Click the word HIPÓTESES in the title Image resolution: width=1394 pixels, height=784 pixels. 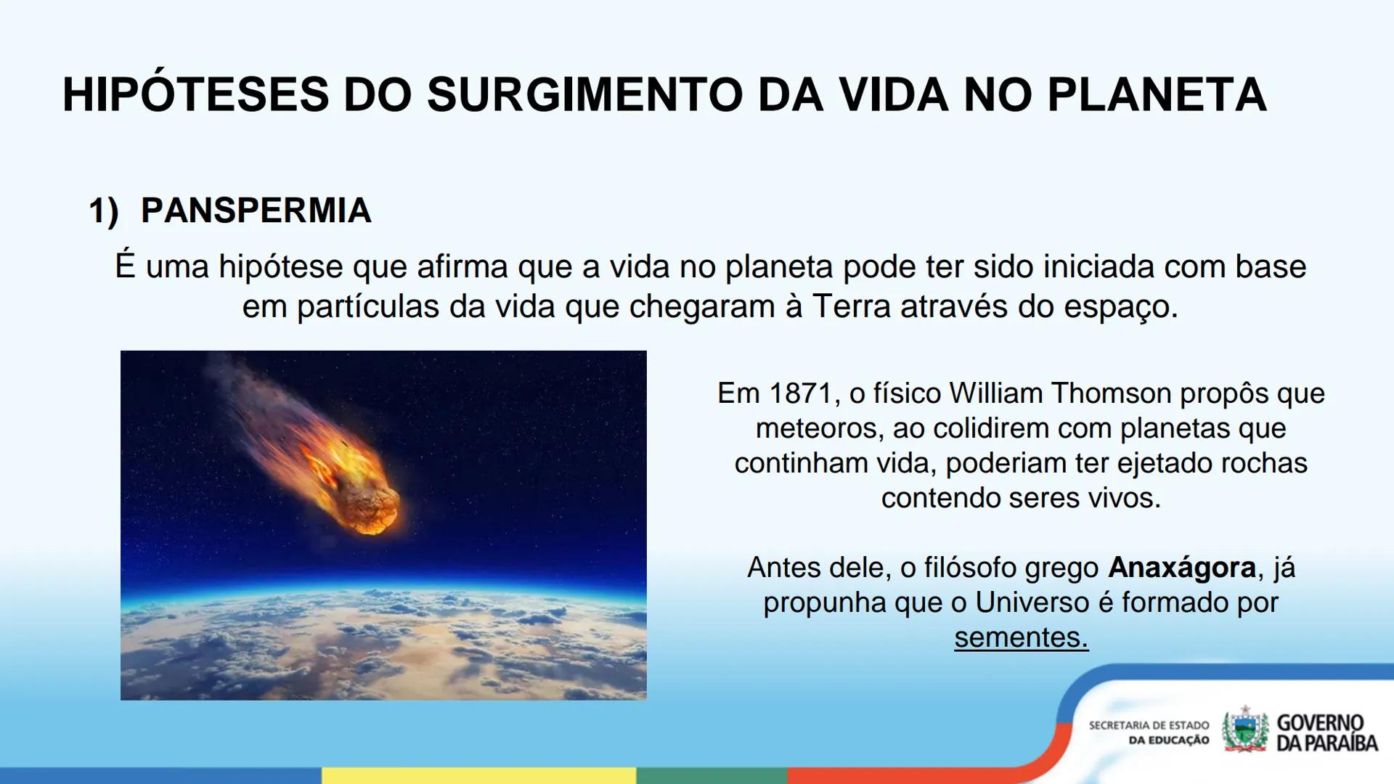[x=196, y=95]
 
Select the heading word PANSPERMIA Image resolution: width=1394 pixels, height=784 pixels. [x=256, y=211]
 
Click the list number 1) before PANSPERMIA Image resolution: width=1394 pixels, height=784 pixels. [x=103, y=211]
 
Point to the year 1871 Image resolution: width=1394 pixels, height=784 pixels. [x=800, y=393]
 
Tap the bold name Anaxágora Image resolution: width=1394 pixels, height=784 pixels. [x=1181, y=568]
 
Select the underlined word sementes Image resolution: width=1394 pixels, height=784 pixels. [x=1020, y=637]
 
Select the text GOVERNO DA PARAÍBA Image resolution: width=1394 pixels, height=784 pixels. [x=1326, y=732]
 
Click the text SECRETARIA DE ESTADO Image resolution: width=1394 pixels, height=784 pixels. [x=1149, y=725]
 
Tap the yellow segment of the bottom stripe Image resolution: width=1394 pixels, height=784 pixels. [x=479, y=775]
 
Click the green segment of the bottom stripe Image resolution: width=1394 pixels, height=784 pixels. [x=712, y=775]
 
